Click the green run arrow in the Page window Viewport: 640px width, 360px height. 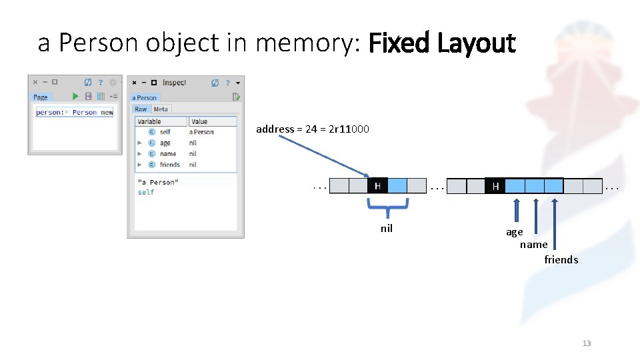(x=75, y=97)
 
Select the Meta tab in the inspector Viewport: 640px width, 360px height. (x=161, y=109)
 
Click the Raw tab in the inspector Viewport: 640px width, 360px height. (x=141, y=109)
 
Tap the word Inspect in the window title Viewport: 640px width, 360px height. (x=174, y=83)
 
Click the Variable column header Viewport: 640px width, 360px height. (x=149, y=121)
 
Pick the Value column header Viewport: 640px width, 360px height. (x=199, y=121)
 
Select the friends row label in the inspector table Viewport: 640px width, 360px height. (x=170, y=165)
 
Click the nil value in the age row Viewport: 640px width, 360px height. (x=193, y=143)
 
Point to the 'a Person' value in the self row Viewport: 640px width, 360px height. (x=201, y=132)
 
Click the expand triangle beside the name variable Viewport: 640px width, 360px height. (x=139, y=154)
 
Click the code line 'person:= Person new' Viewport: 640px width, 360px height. (x=75, y=113)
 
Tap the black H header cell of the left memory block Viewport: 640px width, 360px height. (x=377, y=185)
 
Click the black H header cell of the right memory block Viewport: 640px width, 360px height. (x=495, y=186)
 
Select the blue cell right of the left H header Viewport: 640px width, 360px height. (x=397, y=185)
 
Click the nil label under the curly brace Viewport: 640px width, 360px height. (x=387, y=229)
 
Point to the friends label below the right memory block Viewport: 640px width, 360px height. (x=561, y=259)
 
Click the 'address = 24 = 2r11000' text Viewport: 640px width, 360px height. (x=313, y=129)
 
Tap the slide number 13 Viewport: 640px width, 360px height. (x=587, y=343)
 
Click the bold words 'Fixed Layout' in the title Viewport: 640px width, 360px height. (x=442, y=44)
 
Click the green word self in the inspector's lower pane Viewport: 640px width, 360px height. (x=146, y=192)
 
